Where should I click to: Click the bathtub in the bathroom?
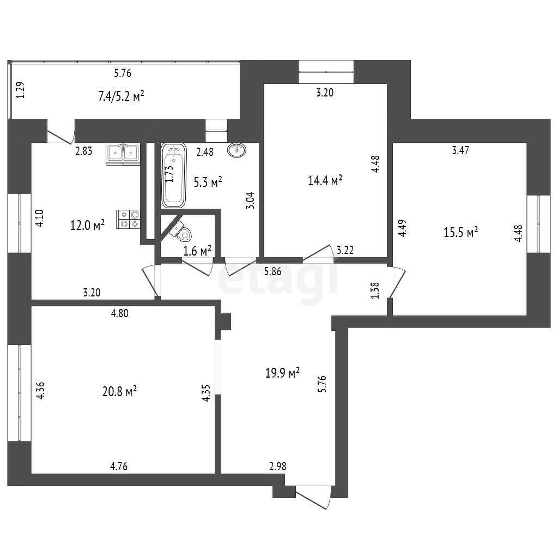[174, 176]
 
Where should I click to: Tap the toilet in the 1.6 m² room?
[181, 231]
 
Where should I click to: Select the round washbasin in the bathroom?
[236, 150]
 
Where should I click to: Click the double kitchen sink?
[123, 154]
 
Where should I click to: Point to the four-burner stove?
[129, 219]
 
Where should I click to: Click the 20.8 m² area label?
[119, 392]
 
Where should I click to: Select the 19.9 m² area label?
[283, 373]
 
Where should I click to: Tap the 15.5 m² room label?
[461, 232]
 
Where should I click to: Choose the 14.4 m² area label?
[325, 180]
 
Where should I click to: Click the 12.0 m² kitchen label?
[88, 225]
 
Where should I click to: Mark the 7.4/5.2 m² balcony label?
[122, 96]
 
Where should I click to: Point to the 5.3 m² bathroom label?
[208, 183]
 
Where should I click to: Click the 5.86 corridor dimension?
[272, 271]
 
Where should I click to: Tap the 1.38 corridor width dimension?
[375, 290]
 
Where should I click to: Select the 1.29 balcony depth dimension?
[21, 90]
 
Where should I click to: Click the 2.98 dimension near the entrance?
[277, 466]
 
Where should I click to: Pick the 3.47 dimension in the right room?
[460, 150]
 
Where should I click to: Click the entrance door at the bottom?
[313, 497]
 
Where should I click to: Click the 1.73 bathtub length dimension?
[169, 174]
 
